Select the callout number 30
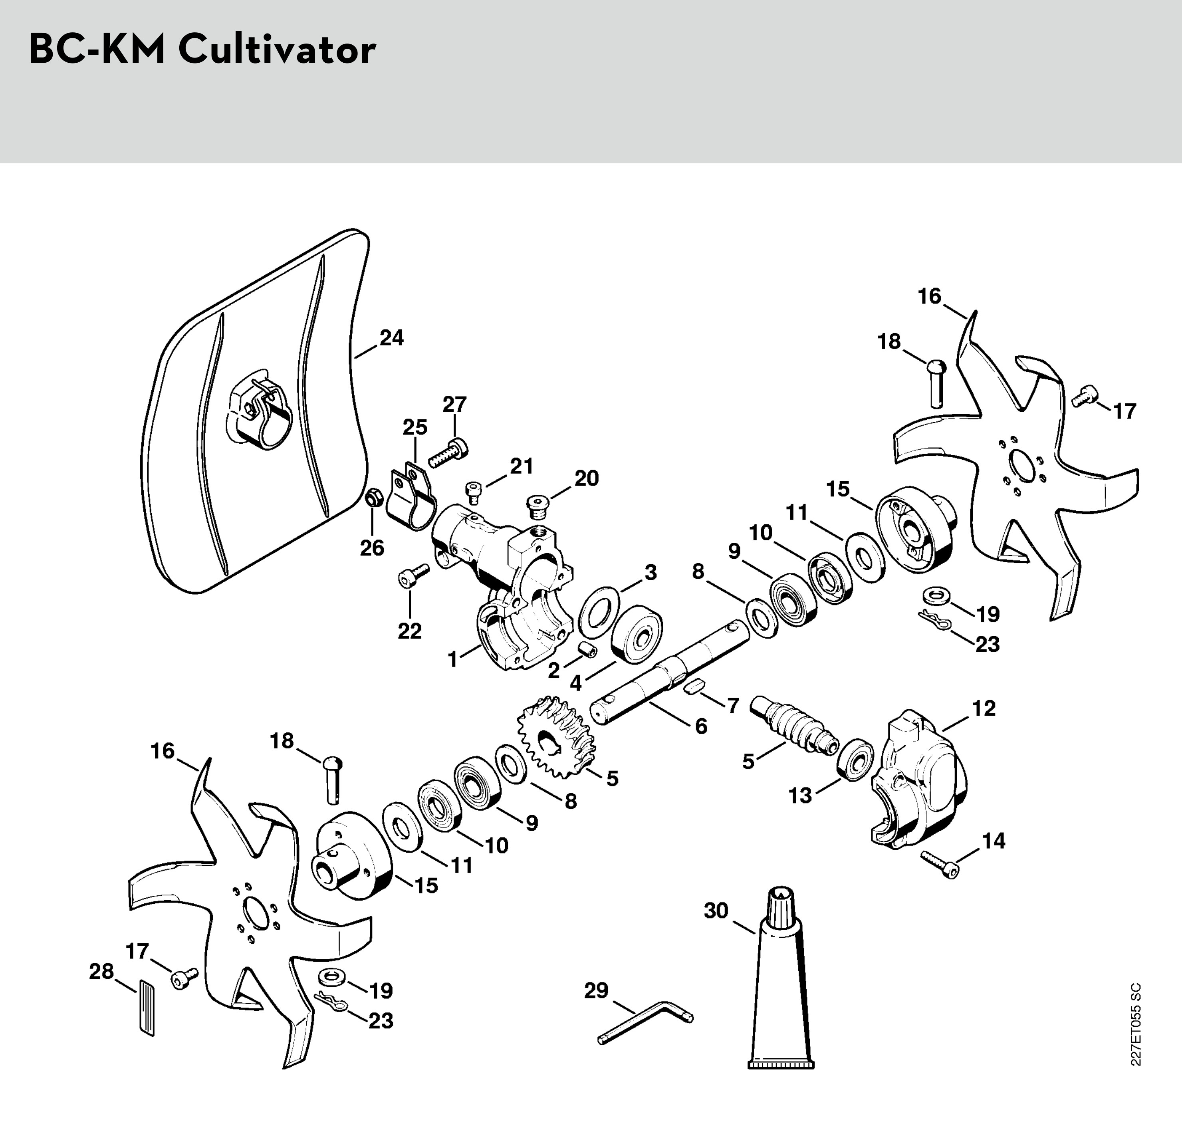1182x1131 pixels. click(716, 910)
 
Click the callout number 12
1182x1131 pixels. click(984, 708)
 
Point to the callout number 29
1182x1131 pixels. click(596, 990)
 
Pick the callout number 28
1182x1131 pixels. click(101, 971)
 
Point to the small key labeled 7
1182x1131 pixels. click(695, 686)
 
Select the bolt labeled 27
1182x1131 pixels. click(449, 453)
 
